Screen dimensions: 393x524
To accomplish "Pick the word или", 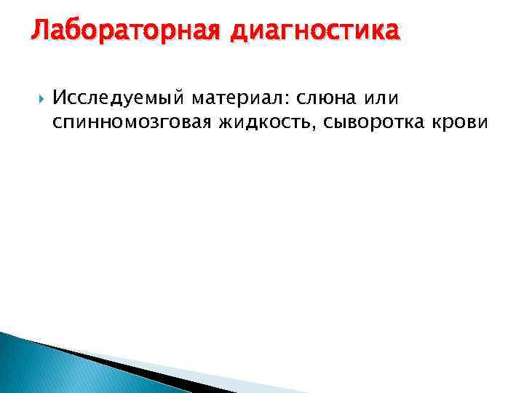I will coord(381,98).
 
